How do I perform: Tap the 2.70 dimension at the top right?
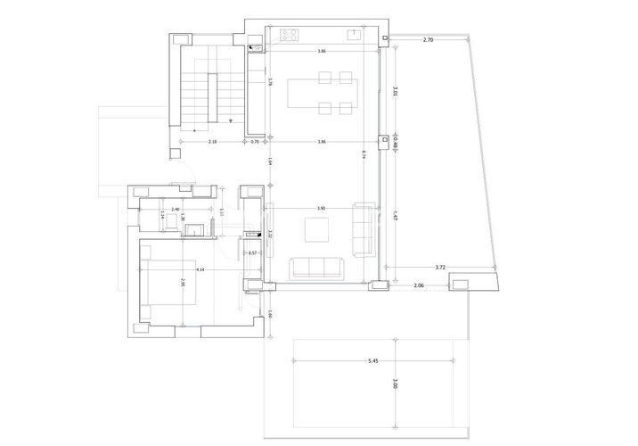tap(428, 40)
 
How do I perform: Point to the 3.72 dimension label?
tap(440, 267)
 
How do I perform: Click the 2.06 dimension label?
tap(419, 285)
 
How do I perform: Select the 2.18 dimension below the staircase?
tap(213, 142)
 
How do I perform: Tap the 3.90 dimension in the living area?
tap(321, 208)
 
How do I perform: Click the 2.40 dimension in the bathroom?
tap(176, 210)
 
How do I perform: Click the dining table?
tap(321, 95)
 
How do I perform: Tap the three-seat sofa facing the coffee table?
tap(318, 267)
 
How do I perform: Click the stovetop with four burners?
tap(289, 36)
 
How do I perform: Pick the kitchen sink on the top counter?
tap(354, 36)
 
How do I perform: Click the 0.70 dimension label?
tap(254, 142)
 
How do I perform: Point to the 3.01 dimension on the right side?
tap(395, 92)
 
